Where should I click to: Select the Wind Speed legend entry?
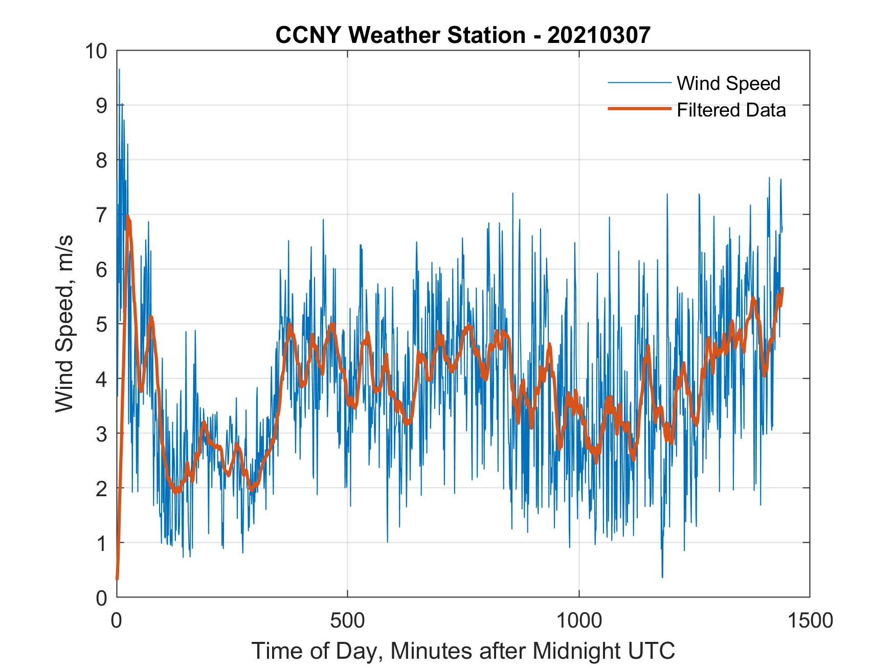point(728,83)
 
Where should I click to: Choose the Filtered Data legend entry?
point(731,110)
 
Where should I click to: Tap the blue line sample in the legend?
point(639,83)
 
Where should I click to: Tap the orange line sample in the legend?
point(639,109)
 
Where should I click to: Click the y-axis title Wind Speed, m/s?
point(64,324)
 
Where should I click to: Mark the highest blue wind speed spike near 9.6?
point(119,70)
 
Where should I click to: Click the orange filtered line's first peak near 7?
point(128,217)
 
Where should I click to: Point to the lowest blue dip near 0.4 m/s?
point(662,577)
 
